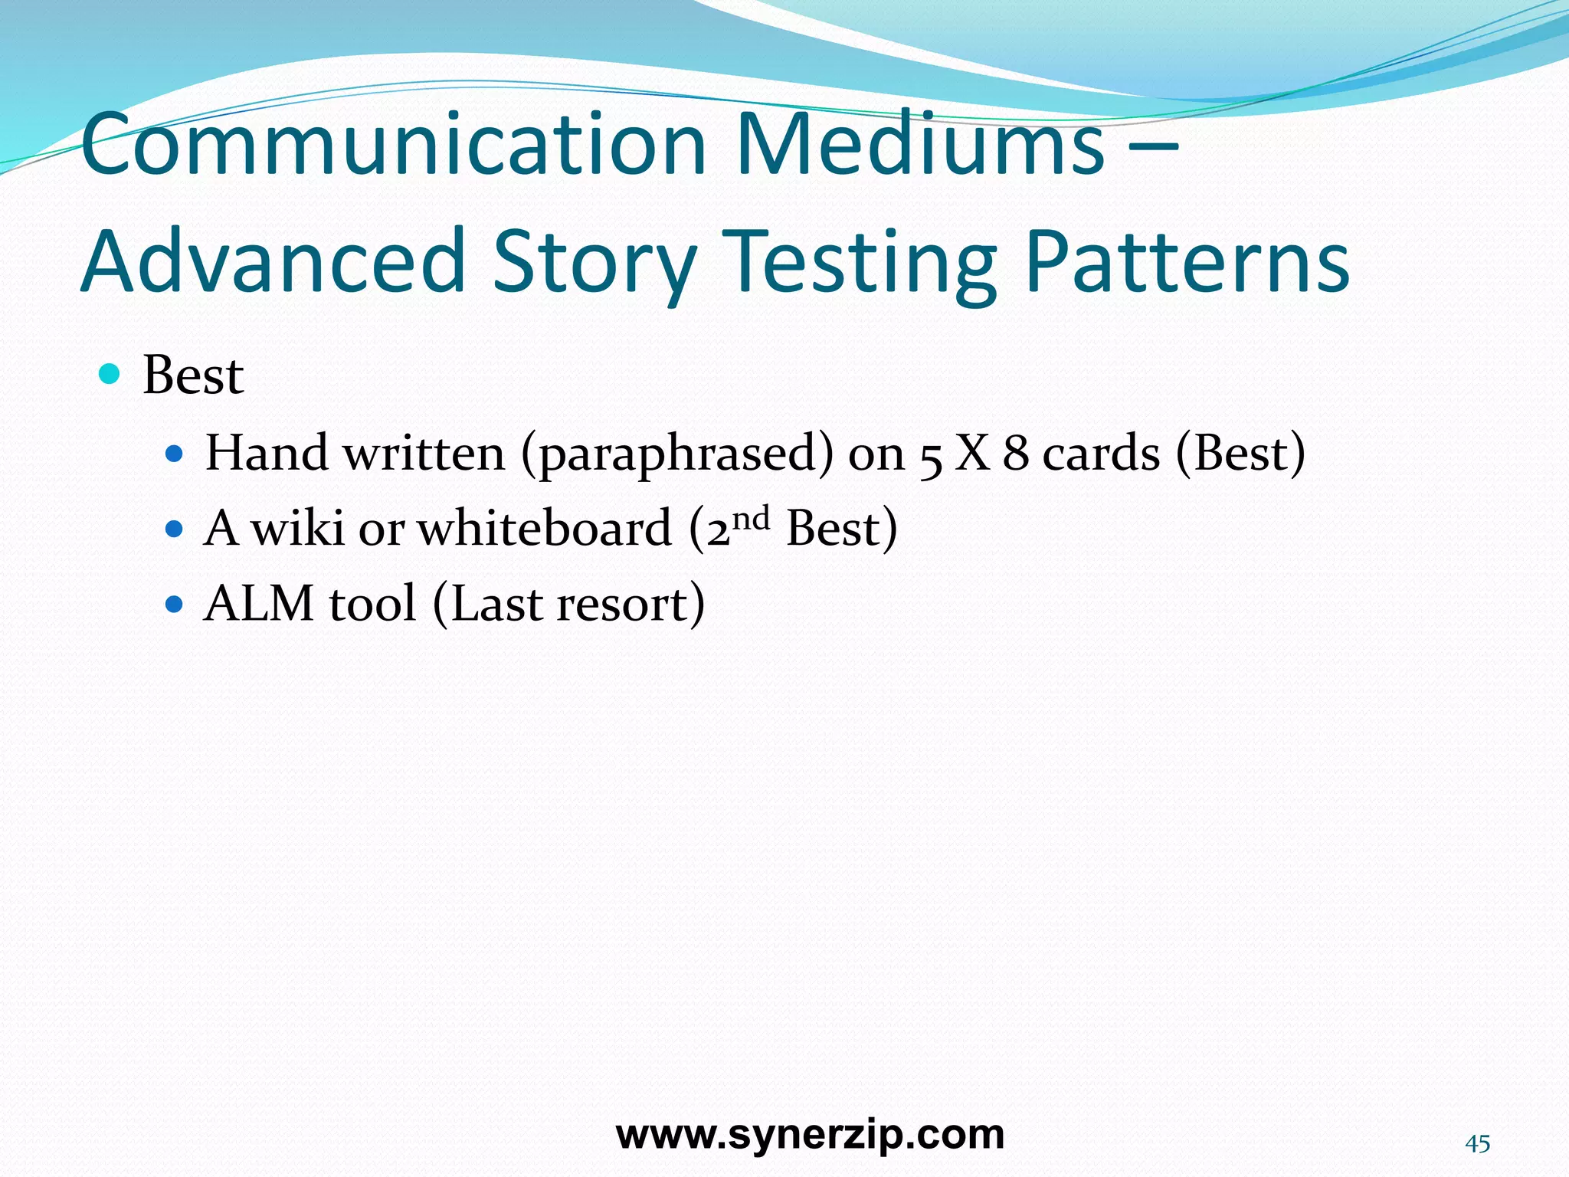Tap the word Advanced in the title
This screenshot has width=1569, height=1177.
[x=274, y=262]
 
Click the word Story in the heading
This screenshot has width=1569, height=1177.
[x=595, y=262]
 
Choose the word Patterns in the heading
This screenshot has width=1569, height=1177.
[x=1187, y=262]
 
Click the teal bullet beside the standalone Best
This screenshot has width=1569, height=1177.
[x=110, y=375]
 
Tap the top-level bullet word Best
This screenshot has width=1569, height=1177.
[x=193, y=376]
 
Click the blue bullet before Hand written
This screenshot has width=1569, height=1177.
[x=175, y=454]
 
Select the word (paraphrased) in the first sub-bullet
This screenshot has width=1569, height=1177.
[x=677, y=454]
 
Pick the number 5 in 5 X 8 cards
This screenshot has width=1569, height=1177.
[x=930, y=457]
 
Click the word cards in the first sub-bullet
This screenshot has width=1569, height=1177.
[x=1101, y=454]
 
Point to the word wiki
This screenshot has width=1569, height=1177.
[x=297, y=529]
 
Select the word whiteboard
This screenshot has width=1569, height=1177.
[x=545, y=529]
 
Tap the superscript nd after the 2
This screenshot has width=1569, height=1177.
[x=751, y=519]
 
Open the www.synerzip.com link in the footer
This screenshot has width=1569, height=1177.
[x=810, y=1135]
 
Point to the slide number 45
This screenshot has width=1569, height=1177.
[x=1477, y=1144]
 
